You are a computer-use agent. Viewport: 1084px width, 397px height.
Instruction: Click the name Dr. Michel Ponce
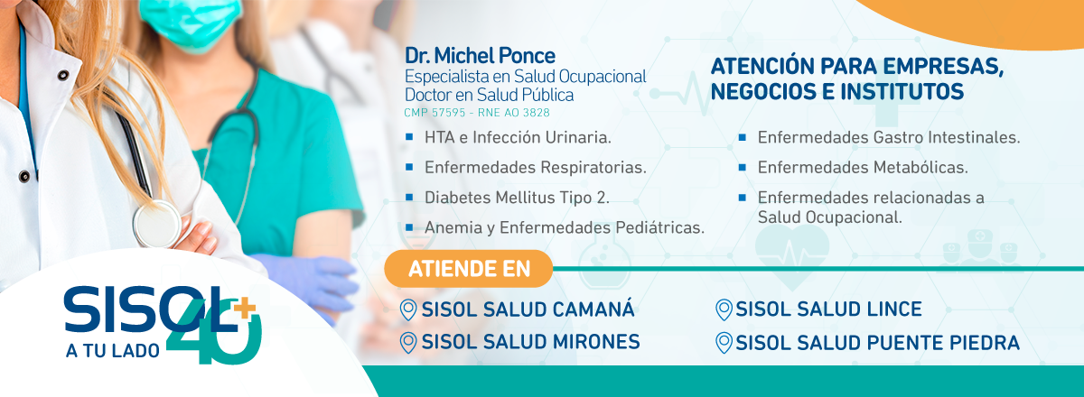point(480,56)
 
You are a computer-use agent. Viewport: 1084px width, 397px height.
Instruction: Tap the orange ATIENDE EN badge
point(469,269)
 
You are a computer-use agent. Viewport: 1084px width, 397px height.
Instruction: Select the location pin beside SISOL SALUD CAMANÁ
point(408,309)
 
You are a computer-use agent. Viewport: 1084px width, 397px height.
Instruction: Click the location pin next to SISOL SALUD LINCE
point(724,309)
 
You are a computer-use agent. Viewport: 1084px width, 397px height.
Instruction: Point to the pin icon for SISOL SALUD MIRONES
point(408,342)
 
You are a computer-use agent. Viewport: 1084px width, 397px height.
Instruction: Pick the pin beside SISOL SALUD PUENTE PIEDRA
point(724,342)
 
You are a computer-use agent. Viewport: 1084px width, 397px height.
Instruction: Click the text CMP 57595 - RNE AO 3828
point(477,113)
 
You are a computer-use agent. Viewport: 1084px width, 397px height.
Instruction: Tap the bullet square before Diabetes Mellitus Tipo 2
point(409,198)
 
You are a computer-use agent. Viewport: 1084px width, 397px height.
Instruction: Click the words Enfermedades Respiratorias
point(535,167)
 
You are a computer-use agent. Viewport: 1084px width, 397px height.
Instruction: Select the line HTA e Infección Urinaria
point(518,137)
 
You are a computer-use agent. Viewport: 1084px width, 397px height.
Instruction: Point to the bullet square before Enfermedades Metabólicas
point(742,167)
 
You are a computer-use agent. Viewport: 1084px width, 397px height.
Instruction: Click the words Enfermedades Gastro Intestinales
point(889,137)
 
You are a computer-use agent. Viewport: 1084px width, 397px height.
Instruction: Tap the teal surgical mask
point(190,22)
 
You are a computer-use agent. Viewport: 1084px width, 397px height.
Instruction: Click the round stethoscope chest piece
point(157,224)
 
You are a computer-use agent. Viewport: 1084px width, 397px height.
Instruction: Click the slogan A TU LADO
point(113,351)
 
